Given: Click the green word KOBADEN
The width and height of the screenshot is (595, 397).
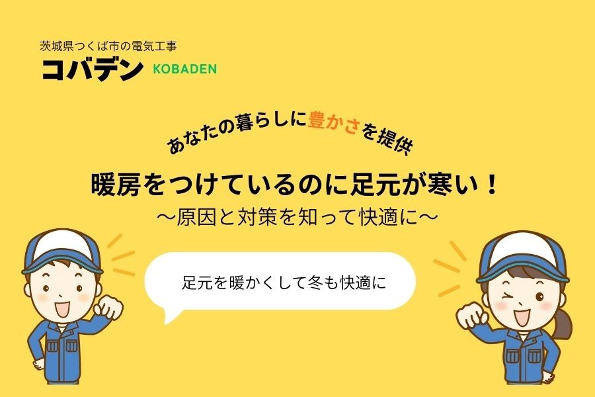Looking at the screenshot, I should pyautogui.click(x=184, y=69).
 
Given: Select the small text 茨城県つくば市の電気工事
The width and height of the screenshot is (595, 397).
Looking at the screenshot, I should pyautogui.click(x=108, y=47).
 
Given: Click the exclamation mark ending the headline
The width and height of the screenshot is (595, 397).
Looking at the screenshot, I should pyautogui.click(x=490, y=185).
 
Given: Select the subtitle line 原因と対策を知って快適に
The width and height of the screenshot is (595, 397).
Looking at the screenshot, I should pyautogui.click(x=297, y=216).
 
